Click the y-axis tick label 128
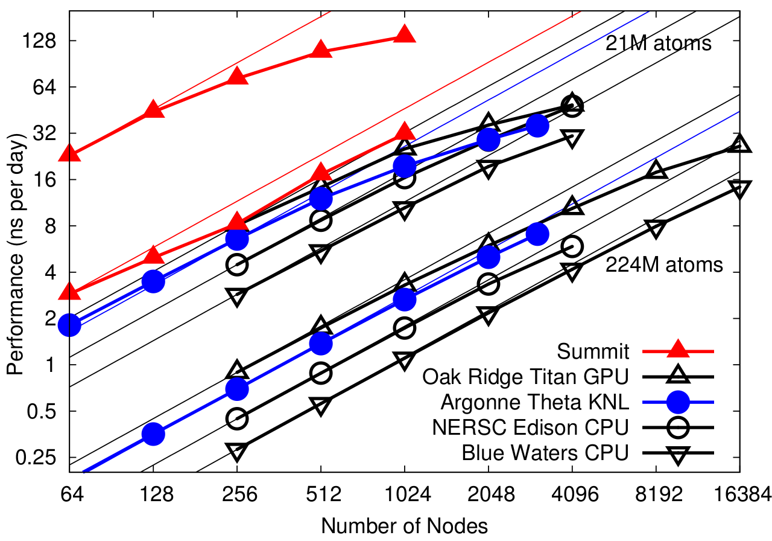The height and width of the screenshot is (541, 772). coord(39,41)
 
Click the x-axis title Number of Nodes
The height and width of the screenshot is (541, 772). coord(404,524)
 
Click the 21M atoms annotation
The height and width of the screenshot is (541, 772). coord(659,43)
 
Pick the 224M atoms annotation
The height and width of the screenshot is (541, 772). coord(664,264)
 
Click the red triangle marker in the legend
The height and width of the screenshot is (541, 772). coord(678,350)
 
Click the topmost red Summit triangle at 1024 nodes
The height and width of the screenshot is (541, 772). coord(405,34)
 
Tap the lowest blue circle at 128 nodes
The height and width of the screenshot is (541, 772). coord(153,434)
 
